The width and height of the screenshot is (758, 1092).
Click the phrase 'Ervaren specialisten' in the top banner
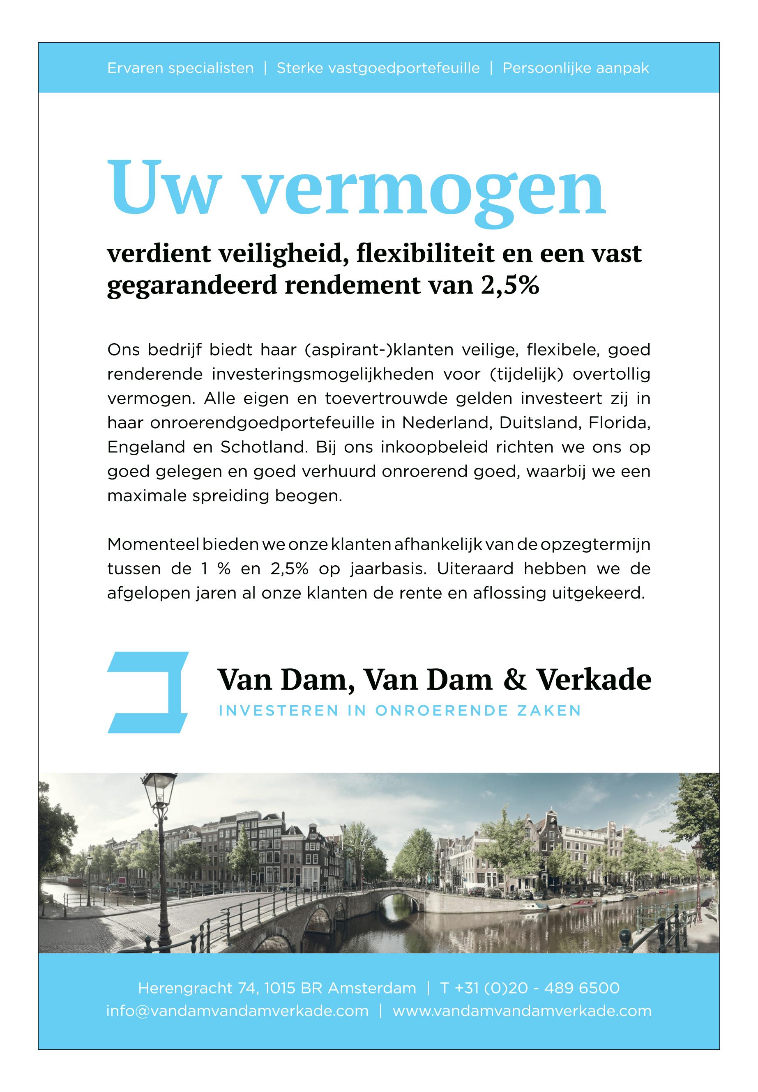180,68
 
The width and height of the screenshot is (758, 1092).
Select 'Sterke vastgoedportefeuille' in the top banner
378,68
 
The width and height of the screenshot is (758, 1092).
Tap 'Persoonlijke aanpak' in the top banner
576,68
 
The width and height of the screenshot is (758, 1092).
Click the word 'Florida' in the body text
619,422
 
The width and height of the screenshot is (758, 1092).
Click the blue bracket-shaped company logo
148,693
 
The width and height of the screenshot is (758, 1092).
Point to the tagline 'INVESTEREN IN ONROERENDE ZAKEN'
399,711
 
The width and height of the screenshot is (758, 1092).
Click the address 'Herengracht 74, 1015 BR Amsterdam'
277,988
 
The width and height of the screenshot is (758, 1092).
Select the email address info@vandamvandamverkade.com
237,1011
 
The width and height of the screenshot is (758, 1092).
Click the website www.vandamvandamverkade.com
522,1011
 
